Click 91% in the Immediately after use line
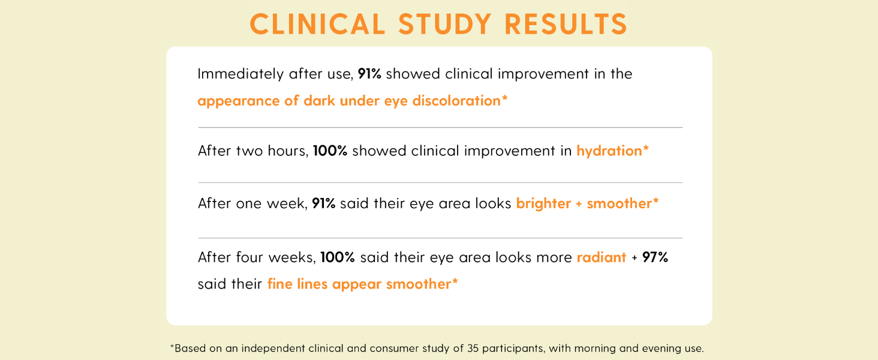369,74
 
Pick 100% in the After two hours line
330,151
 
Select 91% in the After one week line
323,203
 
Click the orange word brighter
543,203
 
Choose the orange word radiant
602,257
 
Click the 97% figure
655,257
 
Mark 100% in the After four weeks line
338,257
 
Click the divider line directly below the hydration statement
440,182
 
